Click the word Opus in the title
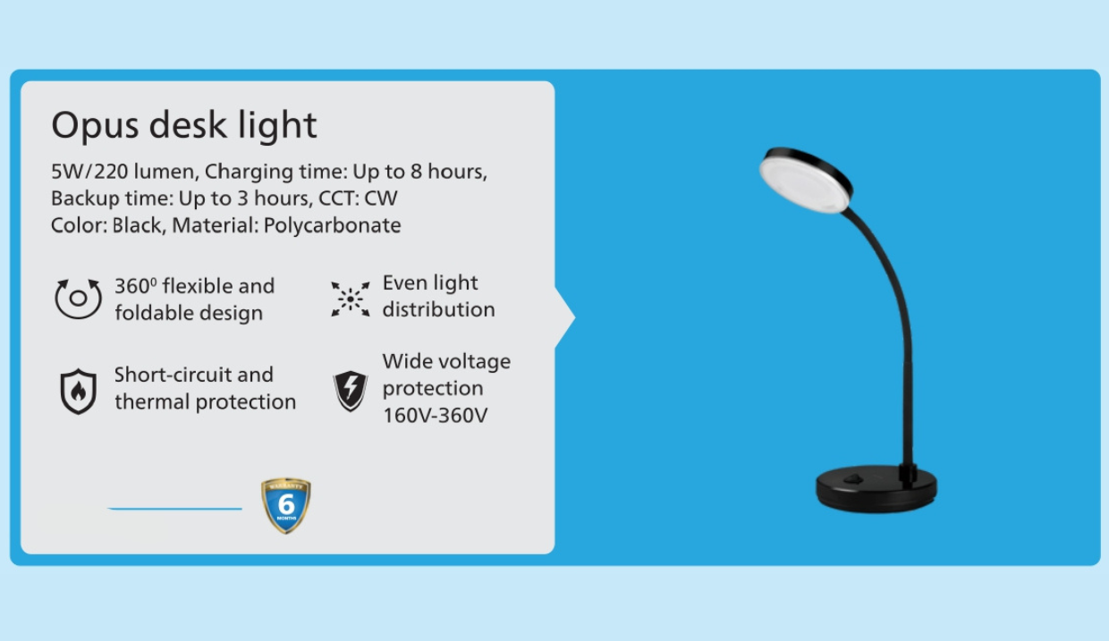(x=95, y=126)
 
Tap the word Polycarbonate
(x=332, y=225)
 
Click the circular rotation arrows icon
(x=78, y=299)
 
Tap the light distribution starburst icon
(x=351, y=299)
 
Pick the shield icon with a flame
(x=78, y=391)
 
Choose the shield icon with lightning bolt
(x=351, y=391)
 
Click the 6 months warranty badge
(x=286, y=505)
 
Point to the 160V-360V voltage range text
(x=436, y=416)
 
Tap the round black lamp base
(x=876, y=489)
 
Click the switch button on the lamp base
(x=853, y=478)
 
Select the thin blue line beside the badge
(x=174, y=509)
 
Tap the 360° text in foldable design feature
(x=136, y=286)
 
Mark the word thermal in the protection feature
(x=152, y=402)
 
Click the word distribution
(x=438, y=310)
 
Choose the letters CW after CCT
(x=381, y=198)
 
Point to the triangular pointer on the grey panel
(x=565, y=316)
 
